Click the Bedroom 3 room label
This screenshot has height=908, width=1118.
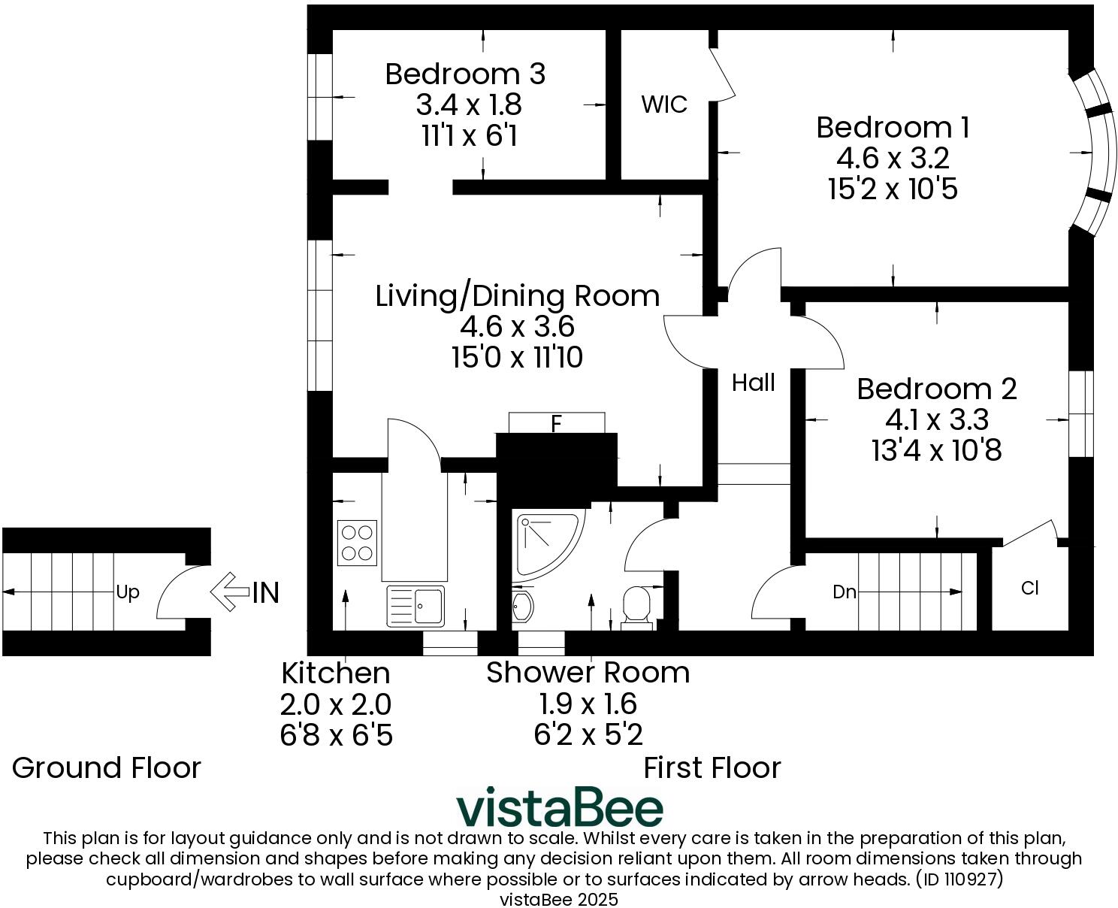[x=465, y=74]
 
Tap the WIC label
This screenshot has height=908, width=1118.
[x=663, y=104]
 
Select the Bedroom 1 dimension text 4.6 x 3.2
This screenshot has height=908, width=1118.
[x=893, y=158]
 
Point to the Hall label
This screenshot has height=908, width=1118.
[x=753, y=383]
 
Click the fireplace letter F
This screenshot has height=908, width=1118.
[x=556, y=424]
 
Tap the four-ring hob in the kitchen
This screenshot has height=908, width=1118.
[x=357, y=543]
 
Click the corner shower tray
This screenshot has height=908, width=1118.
[x=545, y=541]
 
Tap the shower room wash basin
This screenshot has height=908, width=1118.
[x=522, y=606]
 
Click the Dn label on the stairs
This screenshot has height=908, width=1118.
[x=845, y=592]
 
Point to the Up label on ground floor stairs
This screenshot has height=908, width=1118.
[x=128, y=592]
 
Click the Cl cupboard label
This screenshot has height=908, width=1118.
[x=1029, y=588]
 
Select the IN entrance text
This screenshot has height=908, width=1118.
[x=265, y=593]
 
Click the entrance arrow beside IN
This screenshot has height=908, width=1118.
[x=228, y=592]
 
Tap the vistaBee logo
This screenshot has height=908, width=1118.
[x=560, y=807]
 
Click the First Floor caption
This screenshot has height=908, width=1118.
[x=712, y=767]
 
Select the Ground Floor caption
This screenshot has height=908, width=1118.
[x=107, y=767]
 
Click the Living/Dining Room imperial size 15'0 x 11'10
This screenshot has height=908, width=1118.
[x=517, y=358]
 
